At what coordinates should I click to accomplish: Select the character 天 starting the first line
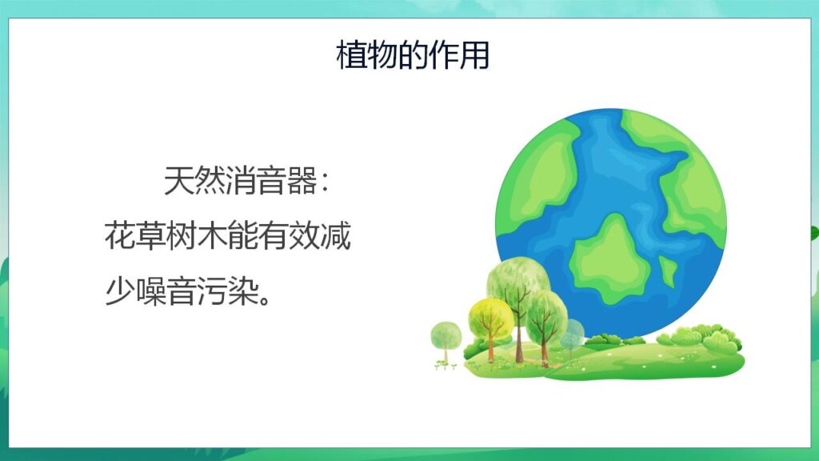pyautogui.click(x=179, y=182)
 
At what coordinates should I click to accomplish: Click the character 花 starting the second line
pyautogui.click(x=120, y=238)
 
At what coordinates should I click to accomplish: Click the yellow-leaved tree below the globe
pyautogui.click(x=489, y=318)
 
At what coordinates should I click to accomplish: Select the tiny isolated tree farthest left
pyautogui.click(x=445, y=335)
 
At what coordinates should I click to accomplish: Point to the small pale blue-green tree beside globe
pyautogui.click(x=573, y=334)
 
